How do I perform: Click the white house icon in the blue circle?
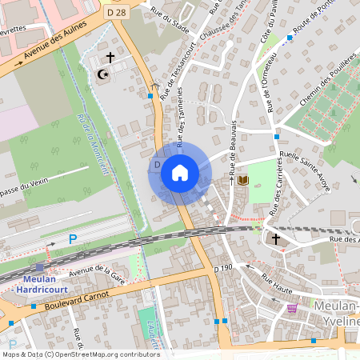tap(179, 173)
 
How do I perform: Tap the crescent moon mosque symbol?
tap(102, 74)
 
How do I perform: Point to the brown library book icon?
tap(243, 180)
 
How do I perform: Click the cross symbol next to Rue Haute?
tap(276, 239)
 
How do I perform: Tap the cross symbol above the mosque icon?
tap(110, 58)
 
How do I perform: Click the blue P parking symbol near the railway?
tap(73, 239)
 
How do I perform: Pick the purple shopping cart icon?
tap(293, 306)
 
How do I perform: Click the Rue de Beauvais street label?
tap(233, 148)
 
